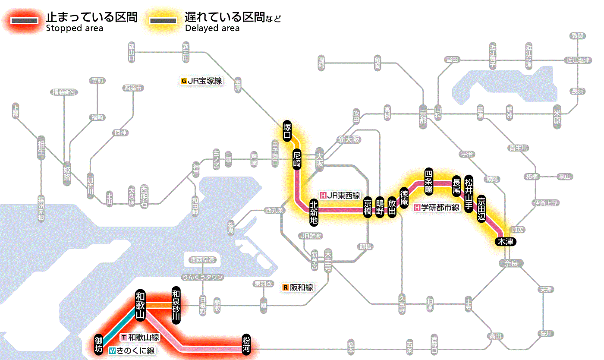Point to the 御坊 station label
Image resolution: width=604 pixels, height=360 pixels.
(x=99, y=344)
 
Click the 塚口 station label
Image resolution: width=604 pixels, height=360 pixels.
(x=286, y=131)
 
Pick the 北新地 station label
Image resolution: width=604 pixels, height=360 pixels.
(x=314, y=212)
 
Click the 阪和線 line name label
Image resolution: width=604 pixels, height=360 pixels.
(x=298, y=287)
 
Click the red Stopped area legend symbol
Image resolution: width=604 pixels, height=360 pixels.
(x=26, y=21)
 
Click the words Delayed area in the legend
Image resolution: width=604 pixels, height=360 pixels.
(x=212, y=28)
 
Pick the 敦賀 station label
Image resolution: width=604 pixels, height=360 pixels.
(x=577, y=36)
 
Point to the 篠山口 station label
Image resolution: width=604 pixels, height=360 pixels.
(x=132, y=52)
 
